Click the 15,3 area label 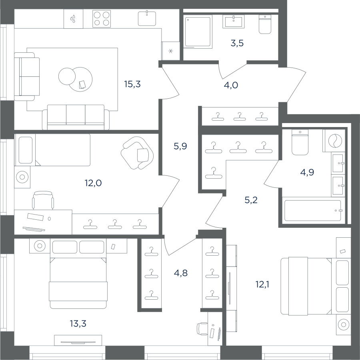coord(132,84)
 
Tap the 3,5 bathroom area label coord(237,43)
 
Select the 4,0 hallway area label coord(231,86)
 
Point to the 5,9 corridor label coord(180,146)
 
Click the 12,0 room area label coord(93,183)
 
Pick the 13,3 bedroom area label coord(78,324)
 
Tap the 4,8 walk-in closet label coord(181,273)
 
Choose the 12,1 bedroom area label coord(262,285)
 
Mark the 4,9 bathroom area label coord(307,172)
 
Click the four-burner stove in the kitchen coord(102,19)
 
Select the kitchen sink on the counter coord(147,18)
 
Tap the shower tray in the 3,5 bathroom coord(198,32)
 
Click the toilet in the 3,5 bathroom coord(265,24)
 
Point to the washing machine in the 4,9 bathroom coord(334,140)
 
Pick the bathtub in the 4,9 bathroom coord(313,211)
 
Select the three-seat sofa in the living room coord(76,117)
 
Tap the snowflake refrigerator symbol coord(170,51)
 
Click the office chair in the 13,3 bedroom coord(202,329)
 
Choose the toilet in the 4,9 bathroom coord(300,142)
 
